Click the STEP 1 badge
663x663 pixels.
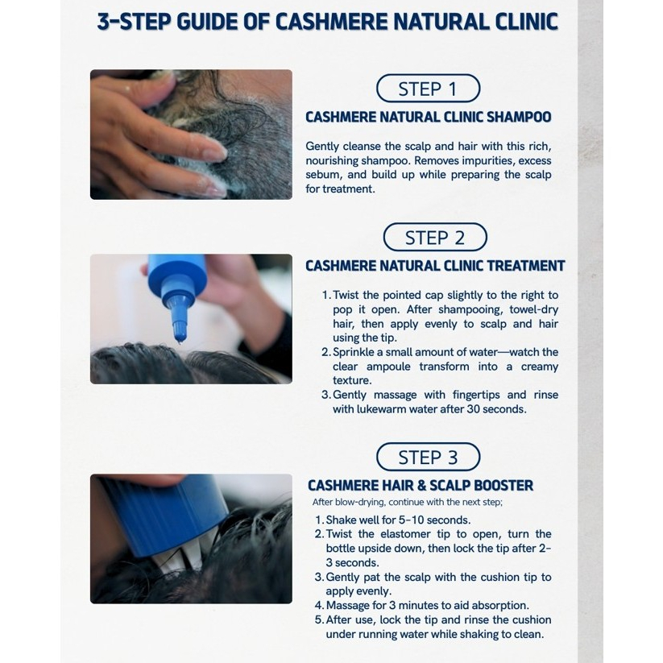tap(428, 89)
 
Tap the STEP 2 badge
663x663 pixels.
tap(435, 237)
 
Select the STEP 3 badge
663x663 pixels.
tap(428, 457)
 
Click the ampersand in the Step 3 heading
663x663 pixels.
tap(421, 486)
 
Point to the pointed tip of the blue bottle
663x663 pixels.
tap(180, 338)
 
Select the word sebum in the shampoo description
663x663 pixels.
tap(322, 175)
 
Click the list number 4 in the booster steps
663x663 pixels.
tap(319, 606)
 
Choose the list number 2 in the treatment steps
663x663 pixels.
tap(325, 352)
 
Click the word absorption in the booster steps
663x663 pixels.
tap(499, 606)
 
